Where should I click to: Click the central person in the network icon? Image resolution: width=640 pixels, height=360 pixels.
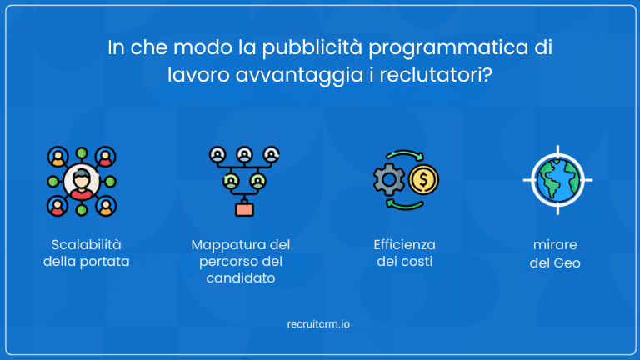tap(81, 180)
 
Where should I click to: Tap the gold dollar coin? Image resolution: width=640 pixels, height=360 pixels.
tap(424, 179)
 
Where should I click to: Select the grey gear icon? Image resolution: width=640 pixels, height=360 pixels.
tap(388, 181)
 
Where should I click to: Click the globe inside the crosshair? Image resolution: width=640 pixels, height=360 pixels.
tap(557, 180)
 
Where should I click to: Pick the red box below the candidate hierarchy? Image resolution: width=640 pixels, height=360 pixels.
tap(244, 208)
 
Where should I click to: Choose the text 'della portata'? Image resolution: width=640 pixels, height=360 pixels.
tap(87, 262)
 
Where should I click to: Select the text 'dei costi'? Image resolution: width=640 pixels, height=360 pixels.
tap(404, 262)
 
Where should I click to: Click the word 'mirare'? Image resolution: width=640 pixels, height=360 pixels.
tap(556, 245)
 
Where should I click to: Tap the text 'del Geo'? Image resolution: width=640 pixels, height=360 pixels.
tap(556, 262)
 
